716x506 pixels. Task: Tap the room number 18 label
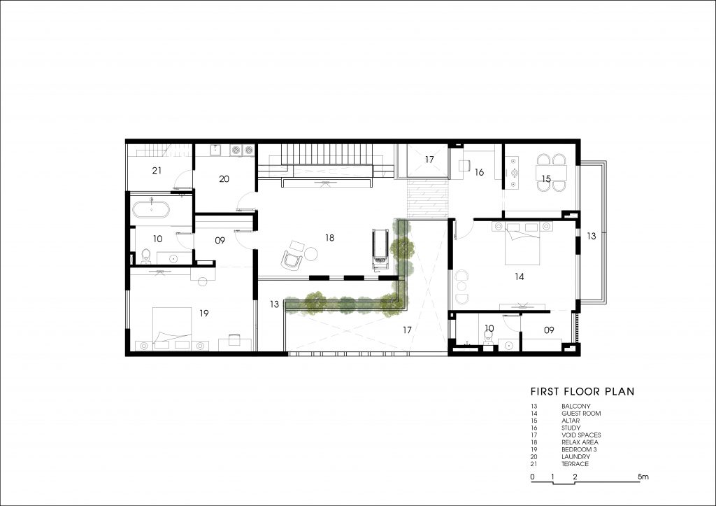[330, 238]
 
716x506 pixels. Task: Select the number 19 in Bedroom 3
[204, 313]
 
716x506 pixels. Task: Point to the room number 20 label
[224, 178]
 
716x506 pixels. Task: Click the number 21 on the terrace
[157, 171]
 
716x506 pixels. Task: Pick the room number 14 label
[520, 276]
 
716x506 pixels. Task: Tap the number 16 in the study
[479, 172]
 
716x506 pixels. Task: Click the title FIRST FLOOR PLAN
[582, 391]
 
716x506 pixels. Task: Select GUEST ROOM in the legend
[581, 413]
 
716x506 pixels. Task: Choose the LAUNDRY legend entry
[576, 456]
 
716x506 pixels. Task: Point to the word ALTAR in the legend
[571, 421]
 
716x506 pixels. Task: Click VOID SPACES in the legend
[581, 435]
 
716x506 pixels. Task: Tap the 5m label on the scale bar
[643, 477]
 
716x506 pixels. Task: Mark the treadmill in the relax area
[380, 250]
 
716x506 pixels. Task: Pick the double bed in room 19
[172, 328]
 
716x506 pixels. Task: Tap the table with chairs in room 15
[552, 172]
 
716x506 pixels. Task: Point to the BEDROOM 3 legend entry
[579, 449]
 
